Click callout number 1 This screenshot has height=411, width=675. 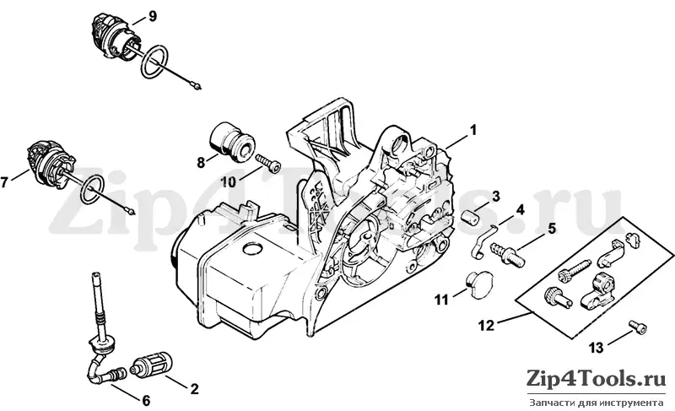[x=472, y=129]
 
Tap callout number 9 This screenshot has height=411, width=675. [x=153, y=16]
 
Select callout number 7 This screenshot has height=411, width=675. [x=5, y=182]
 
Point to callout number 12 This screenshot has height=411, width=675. [x=487, y=326]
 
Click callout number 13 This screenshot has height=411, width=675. [x=597, y=348]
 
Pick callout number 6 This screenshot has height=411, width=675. [x=146, y=401]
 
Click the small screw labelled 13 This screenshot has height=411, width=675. [x=638, y=327]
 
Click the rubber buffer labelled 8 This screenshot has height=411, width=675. [x=231, y=139]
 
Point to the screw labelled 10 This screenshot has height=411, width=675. [x=267, y=163]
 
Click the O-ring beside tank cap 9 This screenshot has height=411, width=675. [x=154, y=62]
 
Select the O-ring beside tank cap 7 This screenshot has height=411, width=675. [x=94, y=190]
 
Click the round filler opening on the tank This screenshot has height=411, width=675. [x=252, y=249]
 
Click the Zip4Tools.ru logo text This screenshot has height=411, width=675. [x=596, y=379]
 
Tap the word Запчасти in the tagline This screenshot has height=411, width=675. [x=546, y=403]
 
